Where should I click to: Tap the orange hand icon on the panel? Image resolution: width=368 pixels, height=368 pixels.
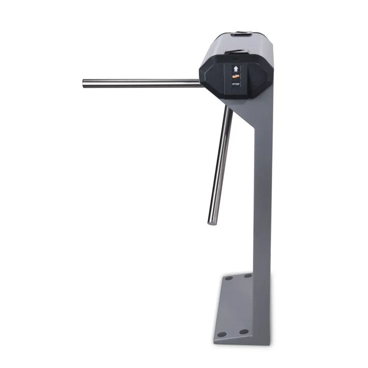[236, 76]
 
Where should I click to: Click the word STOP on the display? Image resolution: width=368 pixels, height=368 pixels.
[236, 84]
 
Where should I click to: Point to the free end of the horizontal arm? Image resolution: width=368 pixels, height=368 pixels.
[84, 84]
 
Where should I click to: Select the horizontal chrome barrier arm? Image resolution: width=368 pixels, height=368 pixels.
[143, 83]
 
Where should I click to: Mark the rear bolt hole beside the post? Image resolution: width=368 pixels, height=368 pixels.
[248, 275]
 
